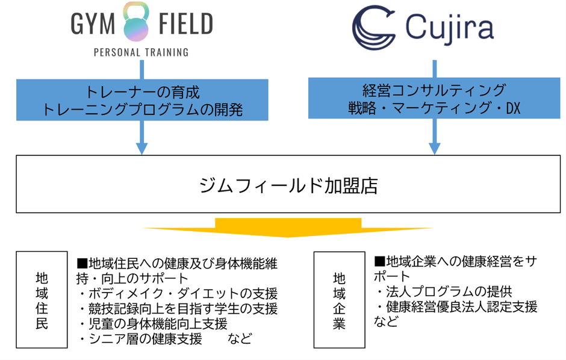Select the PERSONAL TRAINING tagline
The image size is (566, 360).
141,52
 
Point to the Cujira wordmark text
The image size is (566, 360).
449,27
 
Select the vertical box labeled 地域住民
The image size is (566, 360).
41,299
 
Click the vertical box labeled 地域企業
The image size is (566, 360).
339,299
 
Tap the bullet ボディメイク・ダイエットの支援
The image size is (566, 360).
178,294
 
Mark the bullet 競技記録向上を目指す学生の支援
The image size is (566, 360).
178,309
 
